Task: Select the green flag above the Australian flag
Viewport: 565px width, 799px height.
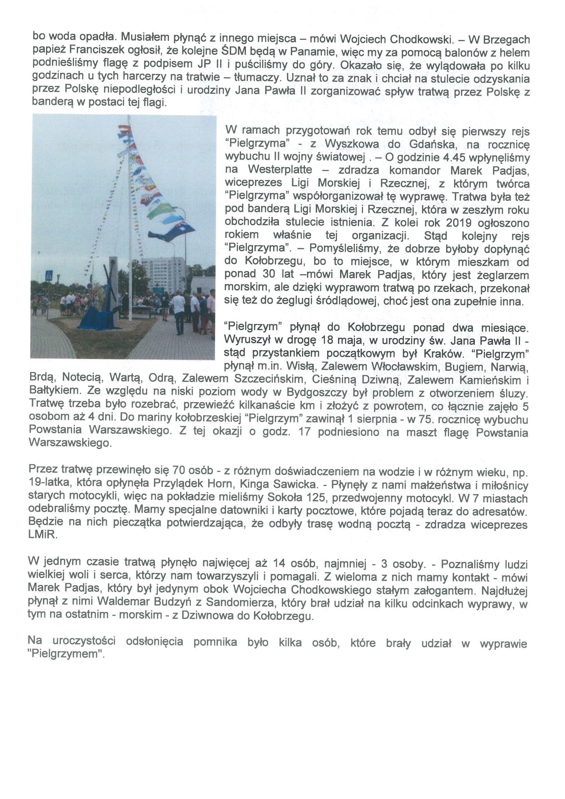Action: point(161,211)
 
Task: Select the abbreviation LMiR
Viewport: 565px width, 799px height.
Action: point(42,535)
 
